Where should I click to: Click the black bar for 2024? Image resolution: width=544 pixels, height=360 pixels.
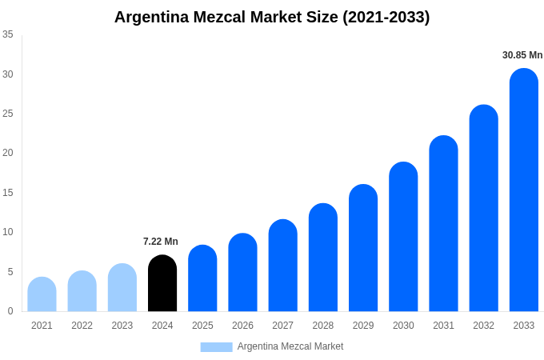coord(162,283)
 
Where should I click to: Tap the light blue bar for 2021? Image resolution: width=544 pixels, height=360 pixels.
coord(42,294)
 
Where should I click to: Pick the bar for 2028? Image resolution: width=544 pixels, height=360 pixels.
coord(323,258)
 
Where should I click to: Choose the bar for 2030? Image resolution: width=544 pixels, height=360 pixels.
coord(403,237)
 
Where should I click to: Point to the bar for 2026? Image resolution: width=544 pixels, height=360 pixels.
coord(242,273)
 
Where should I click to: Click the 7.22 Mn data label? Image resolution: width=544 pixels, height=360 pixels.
coord(161,242)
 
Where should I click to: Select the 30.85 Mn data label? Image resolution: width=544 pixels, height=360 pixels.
coord(522,55)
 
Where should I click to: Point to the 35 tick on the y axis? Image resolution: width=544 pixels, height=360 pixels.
coord(8,34)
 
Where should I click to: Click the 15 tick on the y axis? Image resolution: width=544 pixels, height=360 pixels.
coord(8,193)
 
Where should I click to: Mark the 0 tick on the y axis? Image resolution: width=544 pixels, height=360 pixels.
coord(10,311)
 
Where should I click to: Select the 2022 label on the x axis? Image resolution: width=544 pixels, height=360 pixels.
coord(82,326)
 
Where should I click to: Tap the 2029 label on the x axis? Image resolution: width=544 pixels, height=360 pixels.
coord(363,326)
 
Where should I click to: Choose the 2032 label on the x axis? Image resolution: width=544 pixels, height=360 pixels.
coord(483,326)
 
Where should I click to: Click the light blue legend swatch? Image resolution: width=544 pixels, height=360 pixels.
coord(216,347)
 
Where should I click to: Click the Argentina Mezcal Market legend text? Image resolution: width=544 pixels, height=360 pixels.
coord(290,346)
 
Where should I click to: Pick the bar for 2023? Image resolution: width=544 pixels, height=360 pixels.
coord(122,288)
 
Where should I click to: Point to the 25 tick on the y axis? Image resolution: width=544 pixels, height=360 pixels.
coord(8,114)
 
